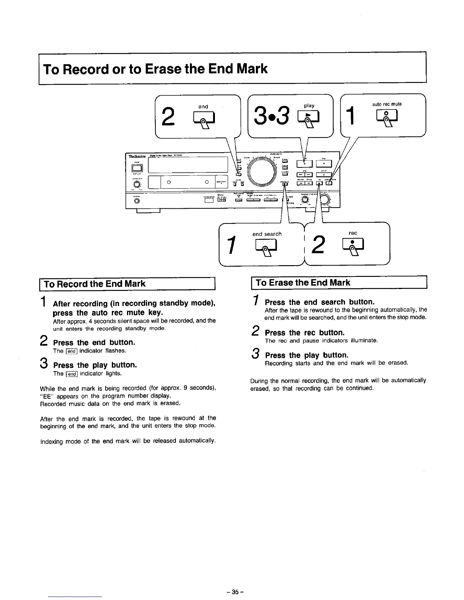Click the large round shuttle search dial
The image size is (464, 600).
point(261,172)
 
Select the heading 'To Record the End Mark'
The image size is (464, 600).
point(95,284)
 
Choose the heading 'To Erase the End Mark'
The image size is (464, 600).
point(303,283)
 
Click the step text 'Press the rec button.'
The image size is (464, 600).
point(305,333)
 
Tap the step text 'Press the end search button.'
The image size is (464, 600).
point(320,302)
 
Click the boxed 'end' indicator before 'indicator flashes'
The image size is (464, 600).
point(72,351)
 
